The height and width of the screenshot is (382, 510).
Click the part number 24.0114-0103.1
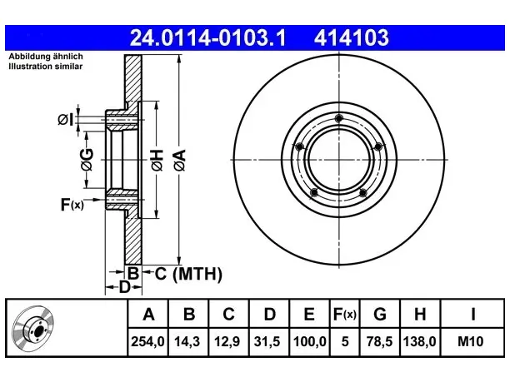[207, 37]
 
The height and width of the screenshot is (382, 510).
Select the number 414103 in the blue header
[352, 37]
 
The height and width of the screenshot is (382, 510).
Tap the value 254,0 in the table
[147, 341]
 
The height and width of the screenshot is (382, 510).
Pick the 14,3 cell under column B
[187, 341]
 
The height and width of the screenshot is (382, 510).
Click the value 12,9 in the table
[227, 341]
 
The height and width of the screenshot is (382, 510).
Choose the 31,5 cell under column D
[267, 341]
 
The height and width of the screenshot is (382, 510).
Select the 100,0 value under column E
[310, 341]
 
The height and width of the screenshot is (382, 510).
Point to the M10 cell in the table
[470, 341]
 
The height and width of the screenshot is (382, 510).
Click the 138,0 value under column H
[419, 341]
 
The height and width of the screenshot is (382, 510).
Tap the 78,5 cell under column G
[379, 341]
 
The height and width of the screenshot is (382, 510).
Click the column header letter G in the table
[380, 314]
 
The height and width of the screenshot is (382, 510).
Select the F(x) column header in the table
[345, 314]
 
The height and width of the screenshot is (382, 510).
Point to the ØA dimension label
[180, 160]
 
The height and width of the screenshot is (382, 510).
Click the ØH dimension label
[157, 160]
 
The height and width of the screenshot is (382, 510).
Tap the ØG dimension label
[87, 160]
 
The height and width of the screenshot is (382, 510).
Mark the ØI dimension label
[66, 120]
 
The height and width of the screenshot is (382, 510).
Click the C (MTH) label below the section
[188, 274]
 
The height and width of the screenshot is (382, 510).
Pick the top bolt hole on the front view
[339, 118]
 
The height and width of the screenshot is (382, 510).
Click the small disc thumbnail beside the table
[32, 329]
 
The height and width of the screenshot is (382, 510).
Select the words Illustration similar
[46, 67]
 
